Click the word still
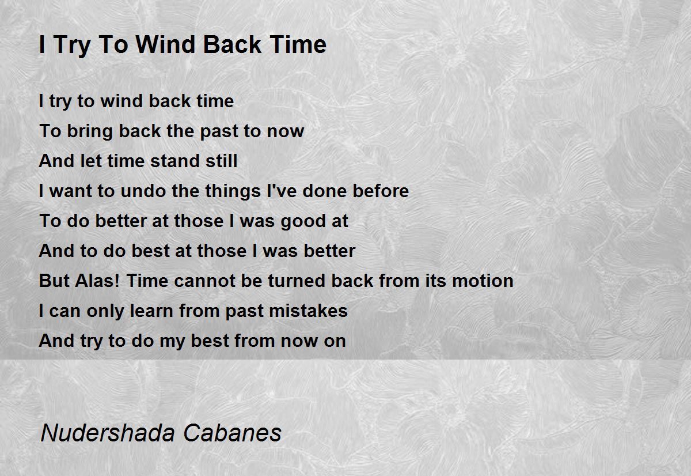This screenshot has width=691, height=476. click(x=222, y=161)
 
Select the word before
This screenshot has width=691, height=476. click(x=381, y=191)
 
